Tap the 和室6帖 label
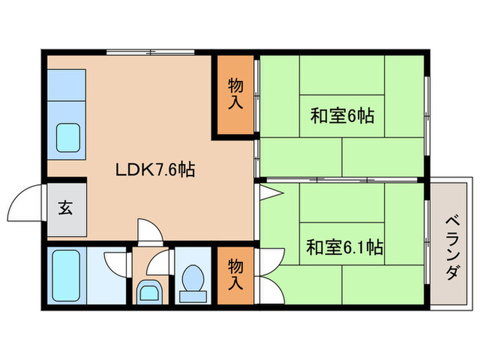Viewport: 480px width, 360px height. coord(341,115)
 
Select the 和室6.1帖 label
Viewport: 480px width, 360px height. coord(344,246)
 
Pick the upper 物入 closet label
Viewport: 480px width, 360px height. coord(235,94)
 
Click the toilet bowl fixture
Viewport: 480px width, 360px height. coord(193,282)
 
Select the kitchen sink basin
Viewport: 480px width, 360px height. coord(69,137)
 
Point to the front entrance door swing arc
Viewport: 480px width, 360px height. coord(27,199)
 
